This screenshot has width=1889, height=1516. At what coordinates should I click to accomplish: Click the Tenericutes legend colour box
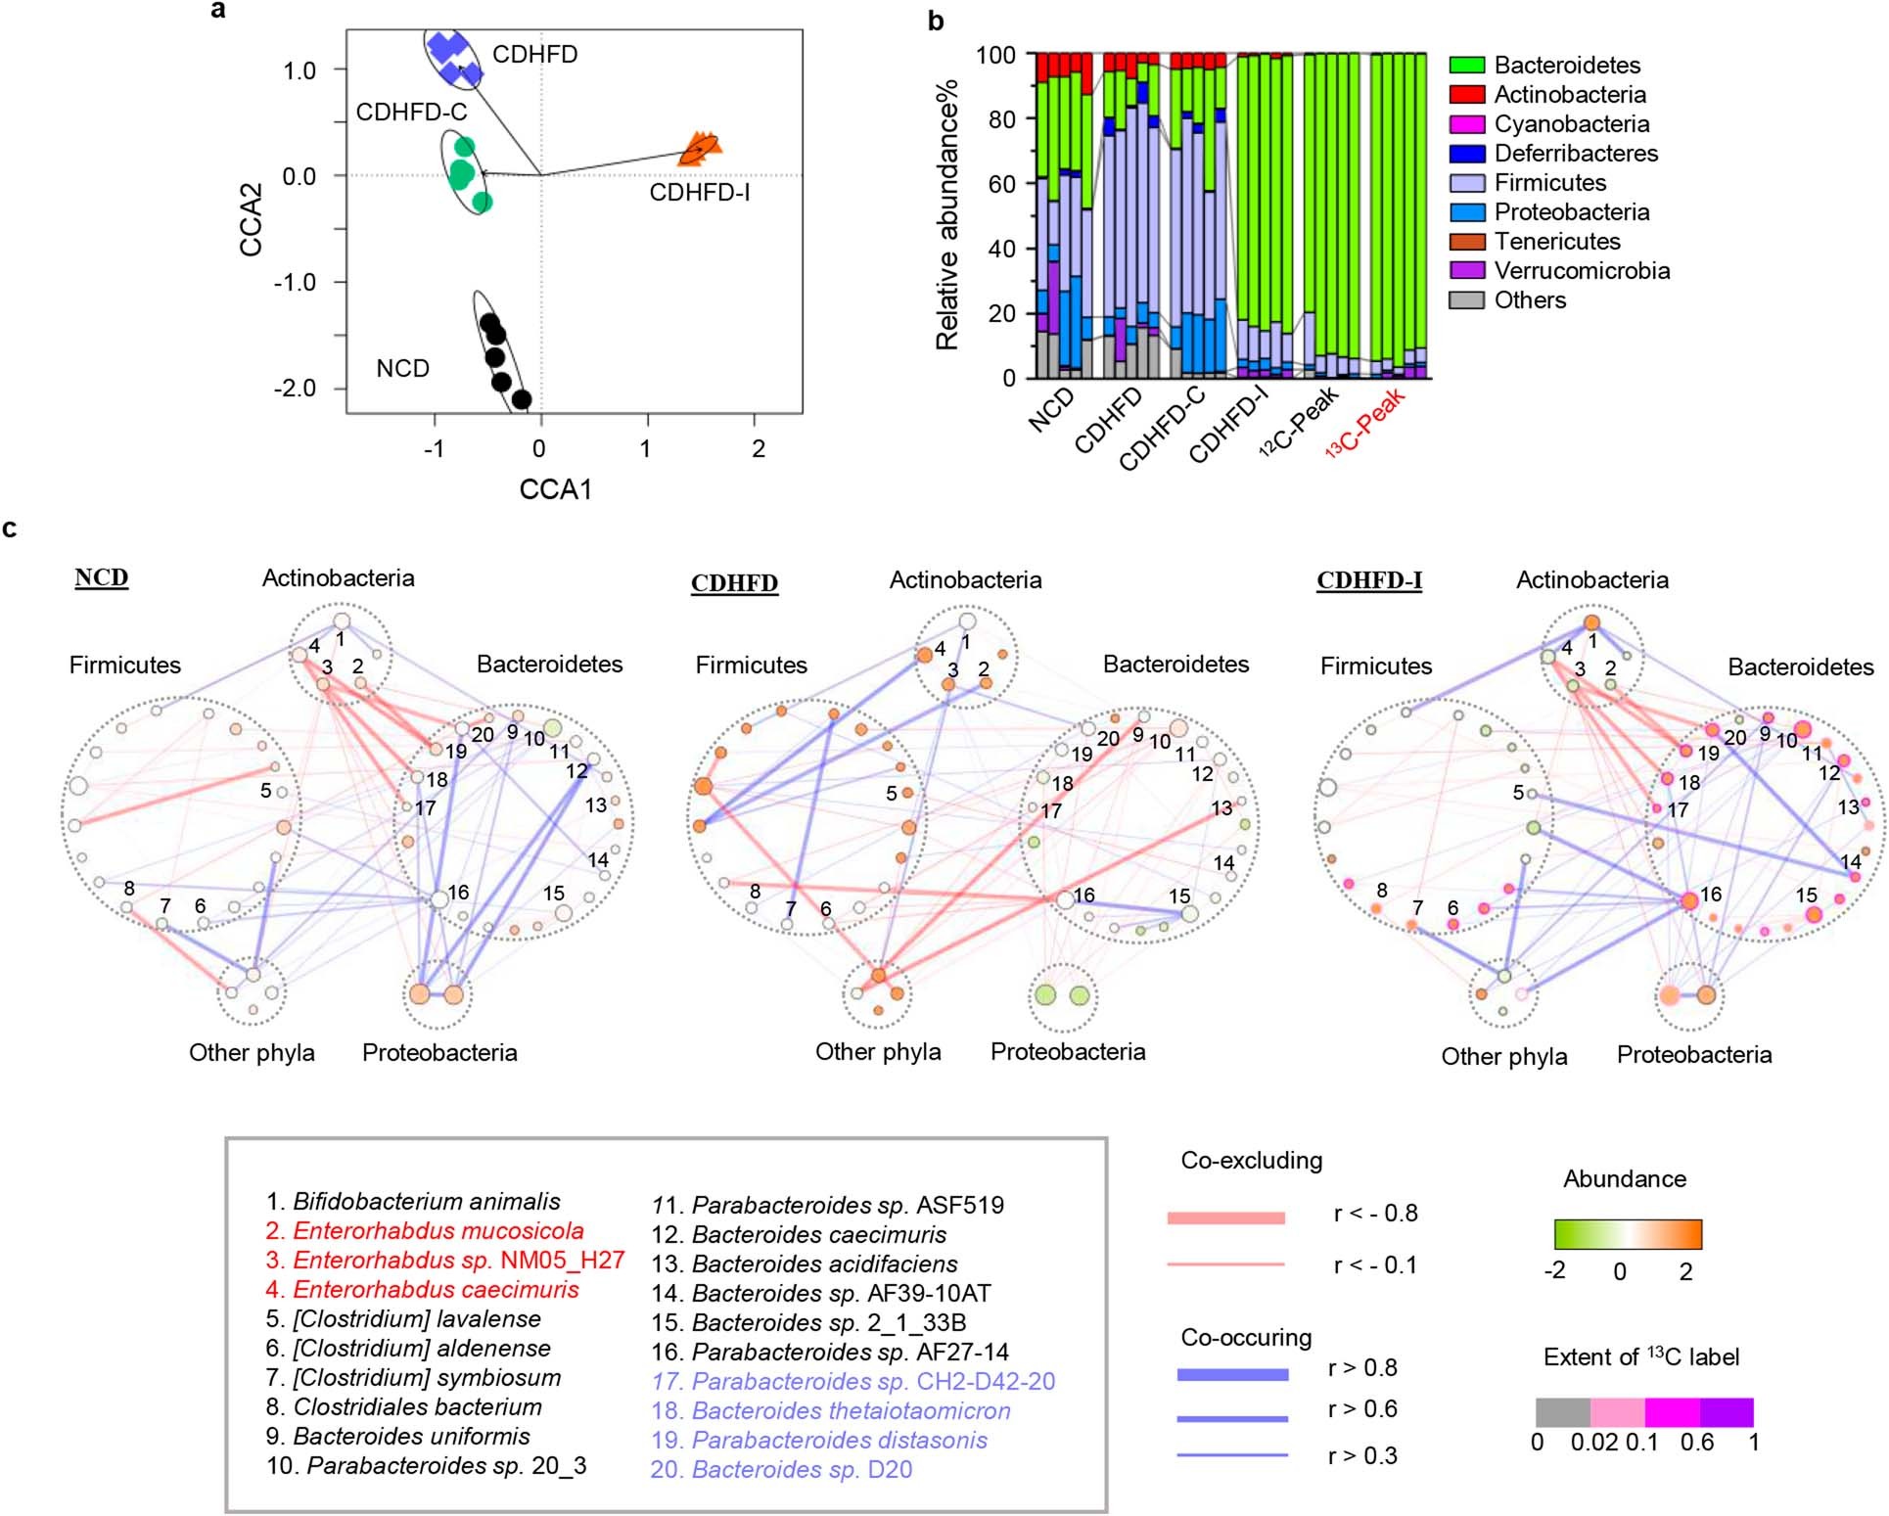(1467, 242)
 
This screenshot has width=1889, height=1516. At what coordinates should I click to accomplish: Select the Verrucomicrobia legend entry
(1581, 271)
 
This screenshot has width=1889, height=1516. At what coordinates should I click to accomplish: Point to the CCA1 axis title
(555, 489)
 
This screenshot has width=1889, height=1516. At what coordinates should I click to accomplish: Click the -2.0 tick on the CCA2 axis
(298, 389)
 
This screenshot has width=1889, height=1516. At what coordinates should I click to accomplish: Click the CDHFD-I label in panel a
(699, 193)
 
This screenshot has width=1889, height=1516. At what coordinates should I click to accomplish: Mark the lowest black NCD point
(522, 399)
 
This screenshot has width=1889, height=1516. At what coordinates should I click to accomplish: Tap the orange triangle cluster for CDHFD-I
(701, 147)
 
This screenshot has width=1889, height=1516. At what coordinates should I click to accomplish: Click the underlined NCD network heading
(102, 577)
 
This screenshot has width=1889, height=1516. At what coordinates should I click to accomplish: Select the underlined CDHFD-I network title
(1368, 580)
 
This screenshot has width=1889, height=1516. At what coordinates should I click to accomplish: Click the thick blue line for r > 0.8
(1232, 1375)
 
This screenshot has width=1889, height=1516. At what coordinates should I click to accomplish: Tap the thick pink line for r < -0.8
(1225, 1218)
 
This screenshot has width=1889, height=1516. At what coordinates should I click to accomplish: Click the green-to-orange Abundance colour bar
(1628, 1234)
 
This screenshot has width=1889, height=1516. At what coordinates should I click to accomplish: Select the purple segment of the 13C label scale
(1727, 1412)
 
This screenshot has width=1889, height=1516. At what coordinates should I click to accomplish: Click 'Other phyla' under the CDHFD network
(878, 1052)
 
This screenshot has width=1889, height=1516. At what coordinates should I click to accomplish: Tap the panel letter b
(936, 21)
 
